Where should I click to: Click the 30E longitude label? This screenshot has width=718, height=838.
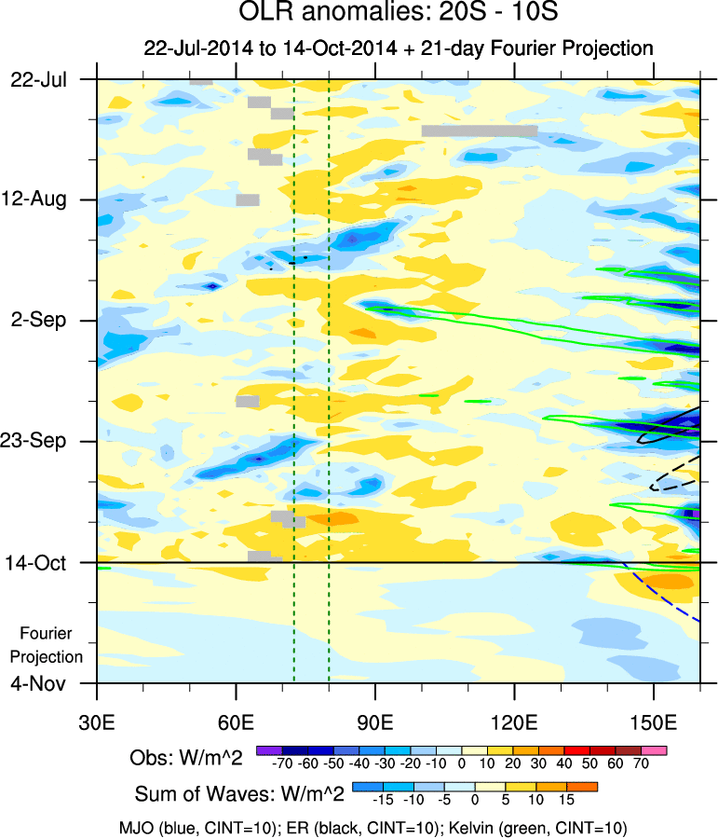(98, 721)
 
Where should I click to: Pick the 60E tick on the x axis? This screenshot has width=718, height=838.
(237, 721)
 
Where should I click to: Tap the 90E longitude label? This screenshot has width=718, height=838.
(375, 721)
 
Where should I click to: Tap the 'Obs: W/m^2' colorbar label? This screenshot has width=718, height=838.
(185, 759)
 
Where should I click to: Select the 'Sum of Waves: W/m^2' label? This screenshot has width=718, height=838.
(240, 793)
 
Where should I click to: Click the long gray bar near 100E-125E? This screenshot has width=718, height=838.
(479, 131)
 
